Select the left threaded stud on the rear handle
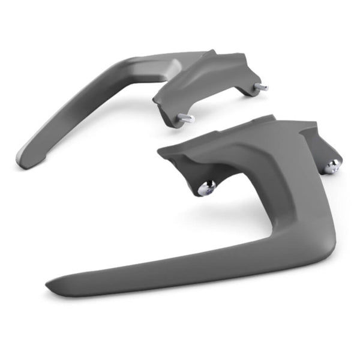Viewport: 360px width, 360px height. (x=186, y=118)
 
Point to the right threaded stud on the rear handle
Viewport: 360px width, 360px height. (x=261, y=88)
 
